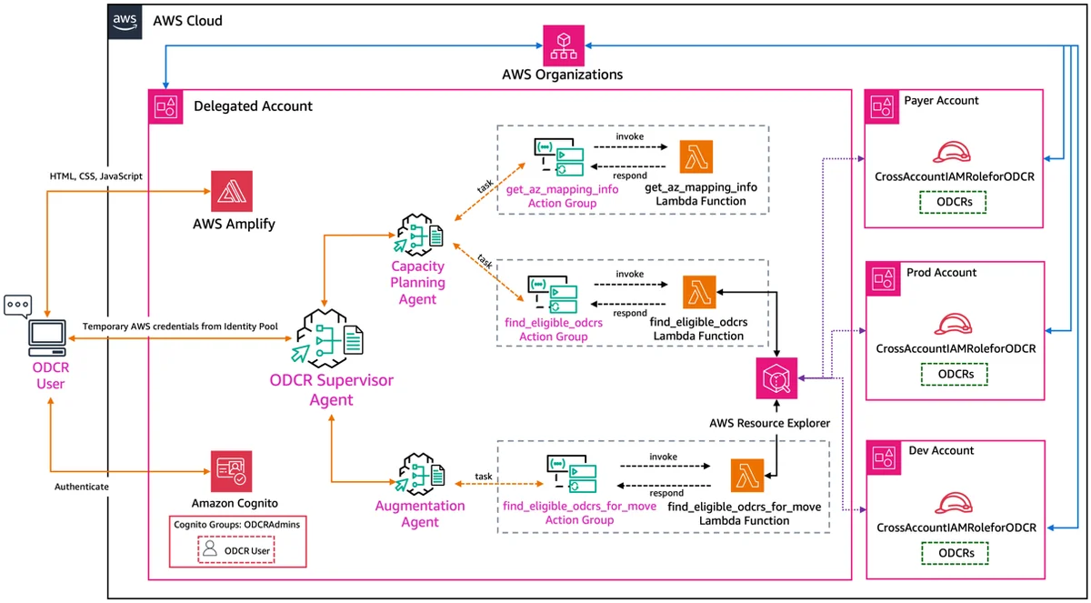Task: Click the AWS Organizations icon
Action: click(x=564, y=45)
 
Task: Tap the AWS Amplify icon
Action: click(x=232, y=191)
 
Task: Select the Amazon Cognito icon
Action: click(x=231, y=471)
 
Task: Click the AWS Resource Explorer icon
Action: click(x=776, y=378)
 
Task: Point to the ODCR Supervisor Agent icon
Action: click(x=328, y=338)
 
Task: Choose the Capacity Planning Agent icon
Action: click(x=418, y=236)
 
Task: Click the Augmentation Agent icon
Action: click(x=420, y=475)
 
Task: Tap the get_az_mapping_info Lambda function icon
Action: click(x=696, y=156)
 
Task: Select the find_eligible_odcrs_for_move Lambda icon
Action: click(x=747, y=476)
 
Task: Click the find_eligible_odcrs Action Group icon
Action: click(x=553, y=294)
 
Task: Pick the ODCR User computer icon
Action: click(x=47, y=338)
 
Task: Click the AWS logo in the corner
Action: click(x=125, y=22)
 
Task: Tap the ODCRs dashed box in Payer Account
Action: click(x=953, y=202)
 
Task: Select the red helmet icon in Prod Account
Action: click(x=953, y=325)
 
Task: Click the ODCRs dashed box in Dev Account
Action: click(x=956, y=553)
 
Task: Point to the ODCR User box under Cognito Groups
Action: click(x=236, y=550)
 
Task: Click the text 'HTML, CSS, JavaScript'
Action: click(x=96, y=176)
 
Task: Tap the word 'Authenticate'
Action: click(x=81, y=487)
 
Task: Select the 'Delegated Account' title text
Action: click(x=253, y=106)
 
